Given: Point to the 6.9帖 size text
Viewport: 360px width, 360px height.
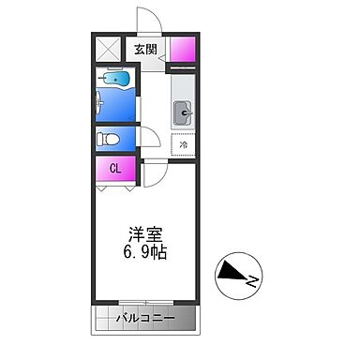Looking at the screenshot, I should [145, 254].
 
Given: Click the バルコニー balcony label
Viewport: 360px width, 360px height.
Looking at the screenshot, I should [145, 319].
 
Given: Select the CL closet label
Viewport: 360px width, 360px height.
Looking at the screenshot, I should [114, 170].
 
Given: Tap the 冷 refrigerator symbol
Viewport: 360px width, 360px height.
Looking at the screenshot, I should [185, 145].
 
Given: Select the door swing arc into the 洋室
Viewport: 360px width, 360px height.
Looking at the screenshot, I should [155, 172].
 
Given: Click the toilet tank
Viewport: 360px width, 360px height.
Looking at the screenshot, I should [100, 139].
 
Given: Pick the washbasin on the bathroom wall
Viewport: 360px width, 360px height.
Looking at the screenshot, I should [100, 102].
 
